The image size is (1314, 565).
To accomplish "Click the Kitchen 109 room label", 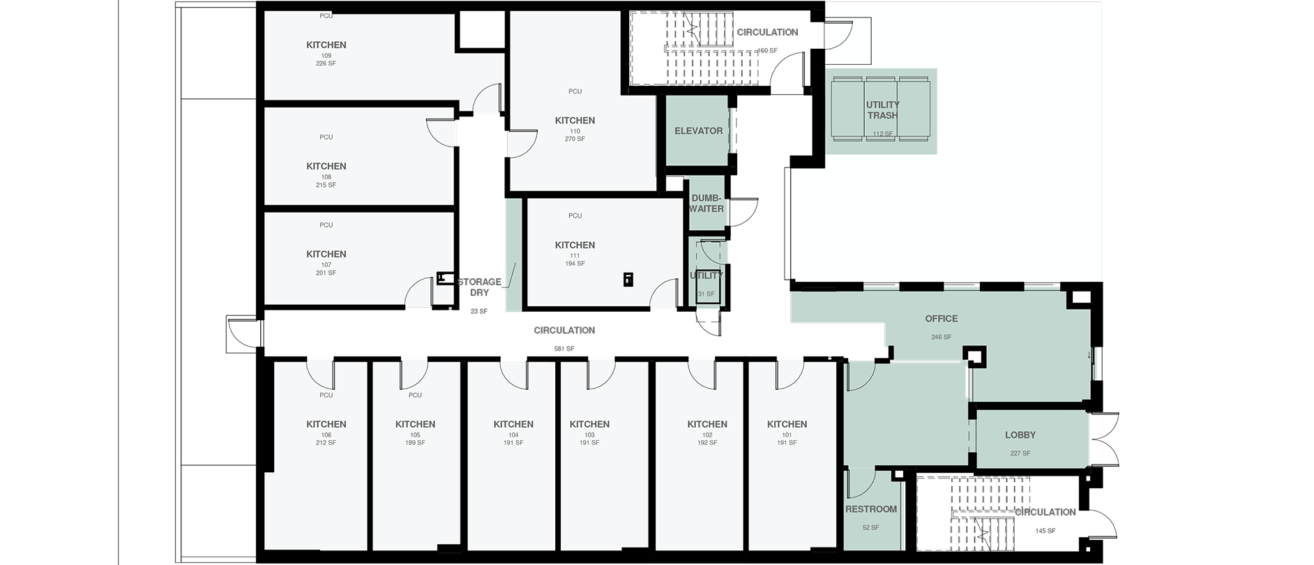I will click(326, 45).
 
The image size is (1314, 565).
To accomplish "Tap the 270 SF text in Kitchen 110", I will click(575, 139).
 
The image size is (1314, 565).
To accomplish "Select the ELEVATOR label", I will click(698, 130).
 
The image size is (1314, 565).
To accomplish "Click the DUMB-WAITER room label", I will click(707, 203).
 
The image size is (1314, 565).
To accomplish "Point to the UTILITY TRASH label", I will click(882, 110).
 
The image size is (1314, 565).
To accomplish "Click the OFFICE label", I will click(941, 319).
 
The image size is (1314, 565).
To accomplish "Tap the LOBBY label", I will click(1020, 435).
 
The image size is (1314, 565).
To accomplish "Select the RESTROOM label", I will click(871, 509).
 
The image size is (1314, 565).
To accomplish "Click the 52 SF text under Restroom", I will click(870, 527).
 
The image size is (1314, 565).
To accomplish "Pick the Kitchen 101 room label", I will click(787, 424).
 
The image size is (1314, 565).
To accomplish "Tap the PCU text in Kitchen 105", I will click(415, 395).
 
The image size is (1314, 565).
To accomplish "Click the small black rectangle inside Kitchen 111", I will click(627, 280).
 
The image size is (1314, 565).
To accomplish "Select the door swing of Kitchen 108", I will click(440, 133).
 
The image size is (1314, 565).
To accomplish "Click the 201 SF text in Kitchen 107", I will click(326, 273).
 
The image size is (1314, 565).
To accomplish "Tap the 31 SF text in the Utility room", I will click(706, 294).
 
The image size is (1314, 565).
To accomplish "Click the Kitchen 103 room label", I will click(589, 424).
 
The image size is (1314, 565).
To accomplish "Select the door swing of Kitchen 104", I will click(513, 375).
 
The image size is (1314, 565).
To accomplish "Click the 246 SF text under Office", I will click(941, 337).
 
